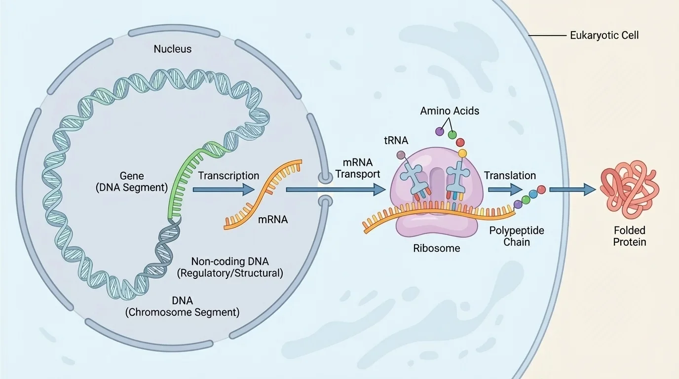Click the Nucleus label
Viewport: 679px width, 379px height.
[172, 49]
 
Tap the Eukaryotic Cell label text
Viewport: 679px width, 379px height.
[604, 36]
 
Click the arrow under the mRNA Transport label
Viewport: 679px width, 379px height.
[336, 189]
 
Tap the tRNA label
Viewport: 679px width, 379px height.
[396, 141]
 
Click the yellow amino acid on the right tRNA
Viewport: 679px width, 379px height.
[462, 153]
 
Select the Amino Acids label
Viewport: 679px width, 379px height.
[450, 111]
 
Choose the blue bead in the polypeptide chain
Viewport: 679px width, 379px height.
[533, 193]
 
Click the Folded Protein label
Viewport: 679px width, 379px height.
[630, 236]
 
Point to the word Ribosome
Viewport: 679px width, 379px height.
[436, 248]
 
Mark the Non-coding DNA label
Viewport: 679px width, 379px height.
[229, 267]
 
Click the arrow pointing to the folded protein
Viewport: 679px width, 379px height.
[572, 189]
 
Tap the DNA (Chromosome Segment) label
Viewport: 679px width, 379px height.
[183, 306]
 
